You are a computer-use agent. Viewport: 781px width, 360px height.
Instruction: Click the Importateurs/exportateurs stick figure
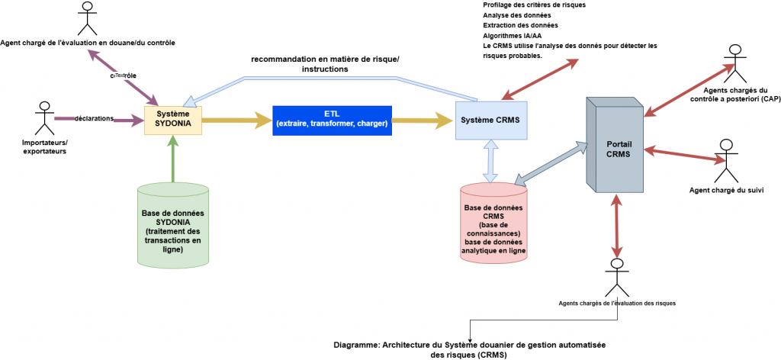pyautogui.click(x=44, y=118)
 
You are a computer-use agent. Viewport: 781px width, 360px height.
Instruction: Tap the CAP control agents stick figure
pyautogui.click(x=734, y=61)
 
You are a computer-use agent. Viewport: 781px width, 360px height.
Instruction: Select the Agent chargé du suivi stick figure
pyautogui.click(x=725, y=156)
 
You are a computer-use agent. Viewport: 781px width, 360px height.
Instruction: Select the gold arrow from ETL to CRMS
pyautogui.click(x=423, y=119)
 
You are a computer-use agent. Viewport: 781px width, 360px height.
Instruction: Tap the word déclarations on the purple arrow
pyautogui.click(x=95, y=118)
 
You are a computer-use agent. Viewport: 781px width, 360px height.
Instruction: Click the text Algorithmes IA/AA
pyautogui.click(x=513, y=35)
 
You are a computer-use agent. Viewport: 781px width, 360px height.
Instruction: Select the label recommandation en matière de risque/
pyautogui.click(x=324, y=59)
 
